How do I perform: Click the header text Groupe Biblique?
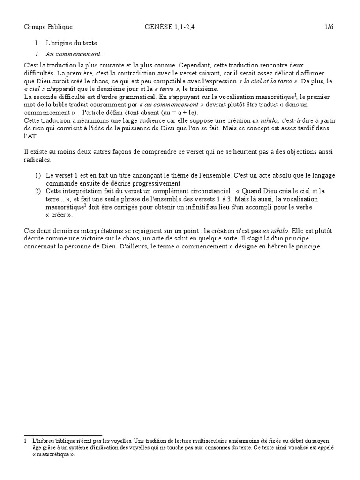(48, 27)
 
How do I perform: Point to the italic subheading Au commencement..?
(76, 54)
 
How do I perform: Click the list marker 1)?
(37, 175)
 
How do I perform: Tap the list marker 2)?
(37, 191)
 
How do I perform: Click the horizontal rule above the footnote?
(63, 435)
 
